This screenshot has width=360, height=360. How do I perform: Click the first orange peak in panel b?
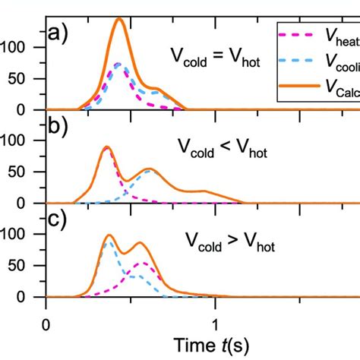(x=107, y=147)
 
